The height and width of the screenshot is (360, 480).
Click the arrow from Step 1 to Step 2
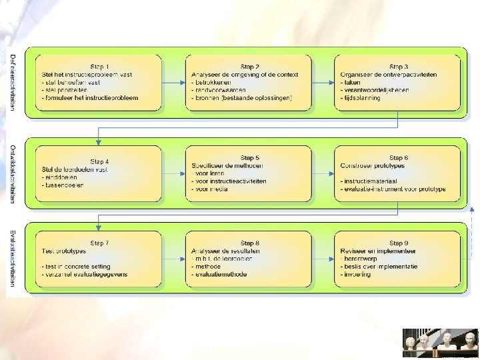174,83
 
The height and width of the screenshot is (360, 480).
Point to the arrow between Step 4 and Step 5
174,173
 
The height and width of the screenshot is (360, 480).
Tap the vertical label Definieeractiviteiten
13,83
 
